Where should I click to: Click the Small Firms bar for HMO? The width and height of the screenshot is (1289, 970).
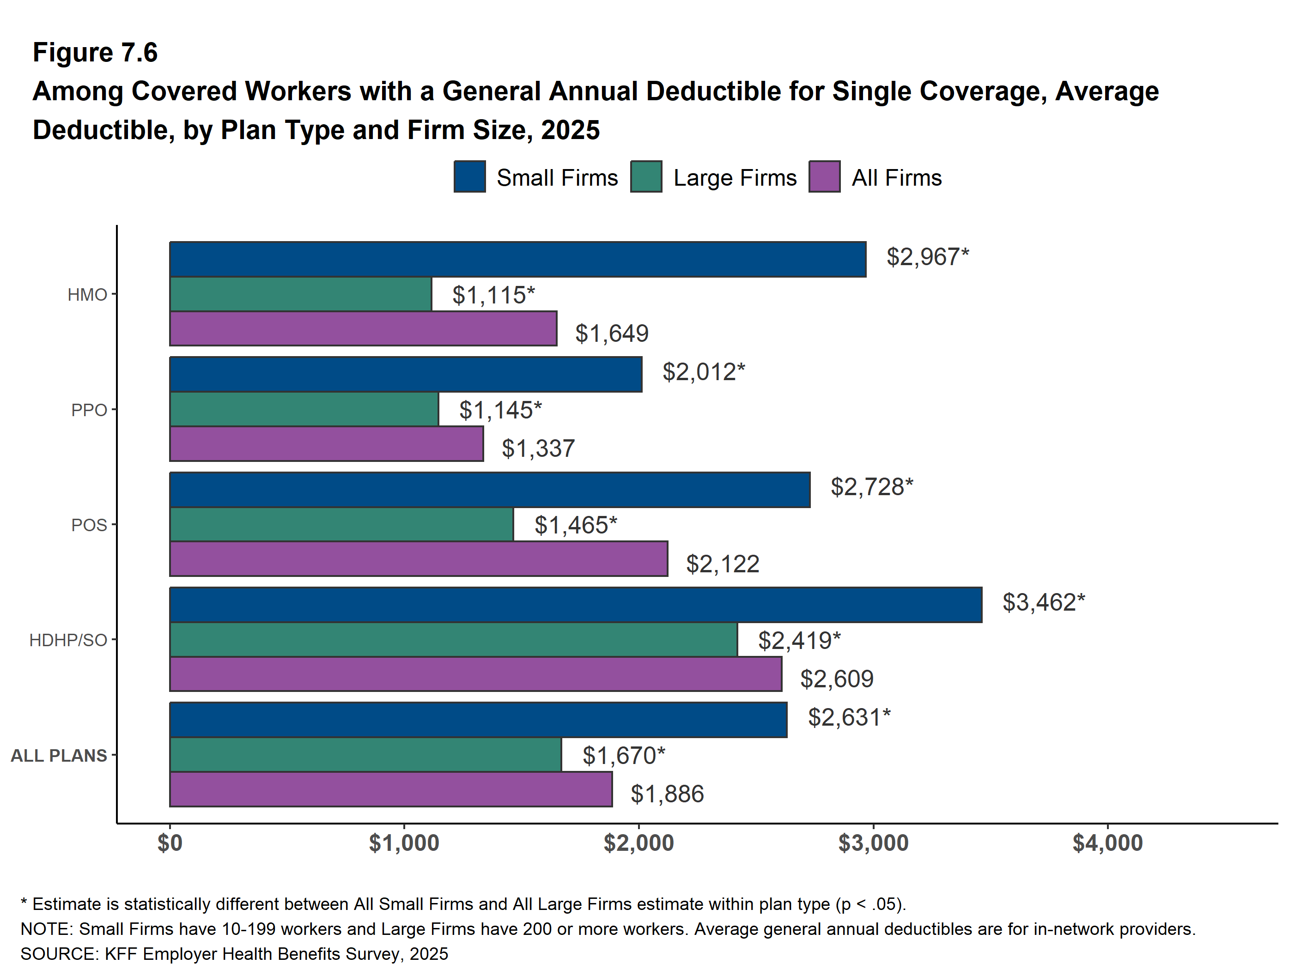coord(517,259)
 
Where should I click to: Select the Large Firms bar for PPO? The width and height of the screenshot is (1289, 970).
coord(304,409)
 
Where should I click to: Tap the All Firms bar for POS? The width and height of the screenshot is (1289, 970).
coord(419,559)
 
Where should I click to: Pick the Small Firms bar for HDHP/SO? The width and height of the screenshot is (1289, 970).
coord(576,605)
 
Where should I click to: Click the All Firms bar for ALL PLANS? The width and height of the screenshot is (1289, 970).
coord(390,789)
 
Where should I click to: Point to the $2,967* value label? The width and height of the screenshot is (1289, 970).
coord(927,257)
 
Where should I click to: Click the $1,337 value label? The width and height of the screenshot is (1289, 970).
coord(538,449)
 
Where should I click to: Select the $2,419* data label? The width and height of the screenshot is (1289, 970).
coord(799,641)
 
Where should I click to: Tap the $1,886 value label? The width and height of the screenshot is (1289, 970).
coord(667,794)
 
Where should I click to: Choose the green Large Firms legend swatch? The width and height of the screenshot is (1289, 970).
coord(646,176)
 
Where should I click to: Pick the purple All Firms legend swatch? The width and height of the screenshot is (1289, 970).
coord(824,176)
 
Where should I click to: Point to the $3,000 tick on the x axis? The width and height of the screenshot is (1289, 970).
coord(873,843)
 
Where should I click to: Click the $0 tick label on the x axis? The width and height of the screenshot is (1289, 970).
coord(170,843)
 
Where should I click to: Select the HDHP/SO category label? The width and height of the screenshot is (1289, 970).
coord(68,640)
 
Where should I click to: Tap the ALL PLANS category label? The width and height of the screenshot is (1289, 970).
coord(59,756)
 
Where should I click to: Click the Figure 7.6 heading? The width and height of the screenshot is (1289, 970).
coord(95,53)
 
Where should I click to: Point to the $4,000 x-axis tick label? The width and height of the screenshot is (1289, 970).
coord(1107,843)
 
